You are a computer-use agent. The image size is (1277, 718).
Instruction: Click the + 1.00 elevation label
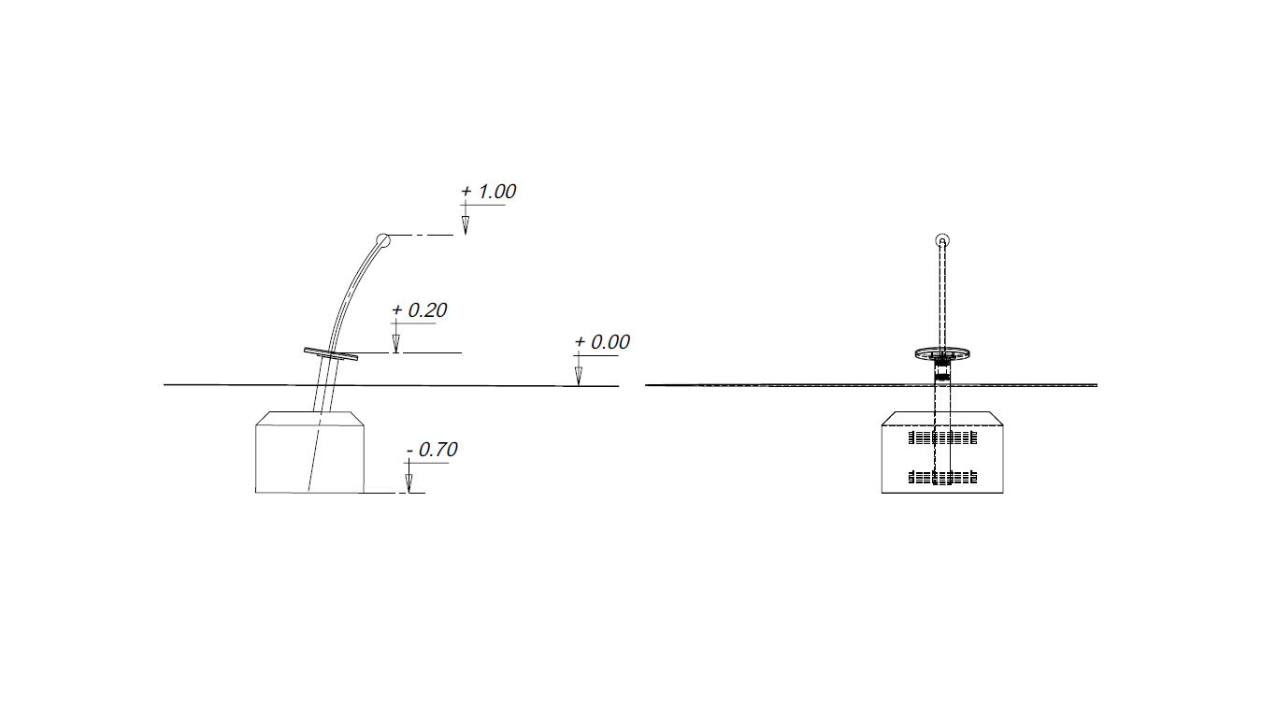click(x=488, y=192)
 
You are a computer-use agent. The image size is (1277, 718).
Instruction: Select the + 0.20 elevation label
click(x=419, y=310)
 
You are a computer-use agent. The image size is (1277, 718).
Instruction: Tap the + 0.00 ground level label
click(x=602, y=342)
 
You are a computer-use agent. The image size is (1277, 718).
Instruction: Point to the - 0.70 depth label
click(x=432, y=450)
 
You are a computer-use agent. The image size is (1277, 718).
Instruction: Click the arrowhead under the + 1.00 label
click(x=466, y=225)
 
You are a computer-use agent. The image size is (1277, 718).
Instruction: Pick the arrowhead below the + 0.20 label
click(x=395, y=344)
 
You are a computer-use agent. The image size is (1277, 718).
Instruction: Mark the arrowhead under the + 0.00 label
click(x=579, y=376)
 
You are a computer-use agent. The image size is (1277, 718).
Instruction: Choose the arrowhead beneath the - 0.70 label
click(x=409, y=483)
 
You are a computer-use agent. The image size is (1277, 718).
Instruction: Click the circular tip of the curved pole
click(x=383, y=240)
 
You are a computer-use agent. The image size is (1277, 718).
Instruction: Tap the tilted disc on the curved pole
click(x=331, y=353)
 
